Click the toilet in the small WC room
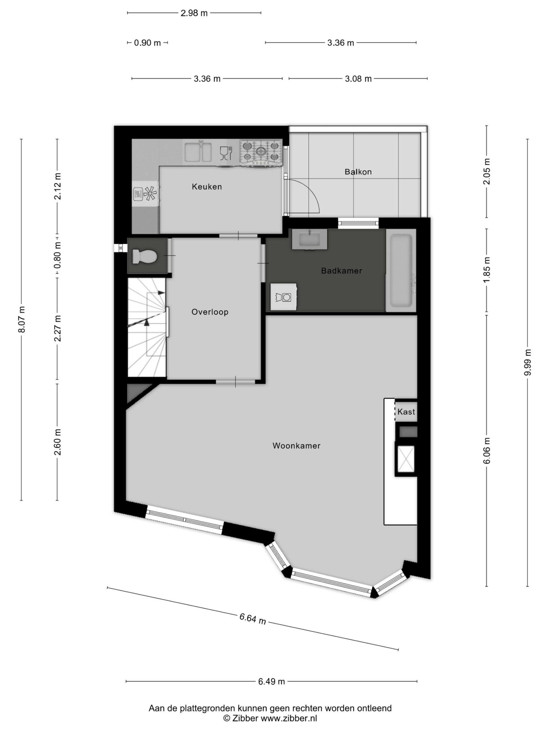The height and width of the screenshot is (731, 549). pyautogui.click(x=144, y=256)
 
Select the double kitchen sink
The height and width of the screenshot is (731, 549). pyautogui.click(x=198, y=152)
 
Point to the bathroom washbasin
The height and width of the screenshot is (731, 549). pyautogui.click(x=309, y=239)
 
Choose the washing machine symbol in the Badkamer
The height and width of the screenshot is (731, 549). pyautogui.click(x=283, y=296)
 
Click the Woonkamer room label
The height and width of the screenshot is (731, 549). pyautogui.click(x=296, y=446)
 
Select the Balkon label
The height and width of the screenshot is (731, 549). pyautogui.click(x=358, y=172)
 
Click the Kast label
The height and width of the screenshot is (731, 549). pyautogui.click(x=406, y=412)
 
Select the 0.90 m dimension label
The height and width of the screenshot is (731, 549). pyautogui.click(x=147, y=43)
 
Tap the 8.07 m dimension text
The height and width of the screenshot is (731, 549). pyautogui.click(x=21, y=320)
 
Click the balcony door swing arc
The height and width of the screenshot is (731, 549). pyautogui.click(x=309, y=192)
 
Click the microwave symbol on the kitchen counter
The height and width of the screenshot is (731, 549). pyautogui.click(x=138, y=194)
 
